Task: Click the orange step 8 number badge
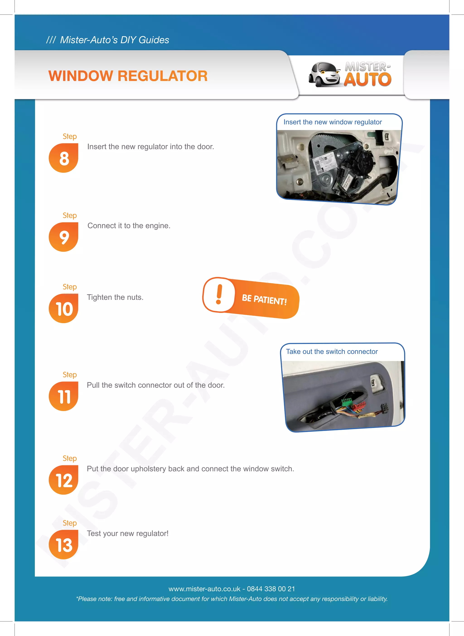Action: pyautogui.click(x=64, y=158)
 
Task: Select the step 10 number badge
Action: pyautogui.click(x=64, y=309)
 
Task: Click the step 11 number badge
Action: pyautogui.click(x=64, y=397)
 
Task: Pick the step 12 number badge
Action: pyautogui.click(x=64, y=480)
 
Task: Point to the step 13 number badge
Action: pyautogui.click(x=64, y=545)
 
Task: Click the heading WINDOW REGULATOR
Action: pyautogui.click(x=128, y=76)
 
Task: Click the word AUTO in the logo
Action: pyautogui.click(x=367, y=80)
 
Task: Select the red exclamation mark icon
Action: pyautogui.click(x=219, y=294)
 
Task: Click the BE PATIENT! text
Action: pyautogui.click(x=264, y=300)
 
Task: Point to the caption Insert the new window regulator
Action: pyautogui.click(x=333, y=122)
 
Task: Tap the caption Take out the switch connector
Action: pyautogui.click(x=332, y=352)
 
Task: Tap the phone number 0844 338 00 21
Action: pyautogui.click(x=271, y=589)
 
